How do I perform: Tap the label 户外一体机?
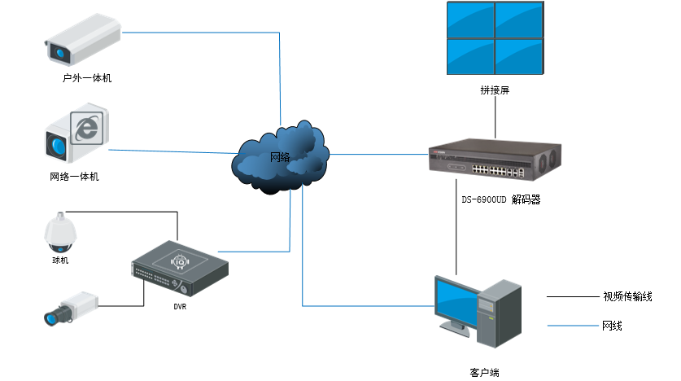[x=87, y=78]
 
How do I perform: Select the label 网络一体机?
[x=74, y=176]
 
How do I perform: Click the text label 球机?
[x=60, y=261]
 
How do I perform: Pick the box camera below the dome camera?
[x=71, y=308]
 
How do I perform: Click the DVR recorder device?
[x=180, y=269]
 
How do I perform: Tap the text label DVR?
[x=180, y=307]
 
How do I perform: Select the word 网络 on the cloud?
[x=279, y=156]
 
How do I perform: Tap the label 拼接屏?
[x=494, y=90]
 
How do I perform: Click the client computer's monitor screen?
[x=460, y=300]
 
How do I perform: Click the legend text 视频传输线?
[x=627, y=296]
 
